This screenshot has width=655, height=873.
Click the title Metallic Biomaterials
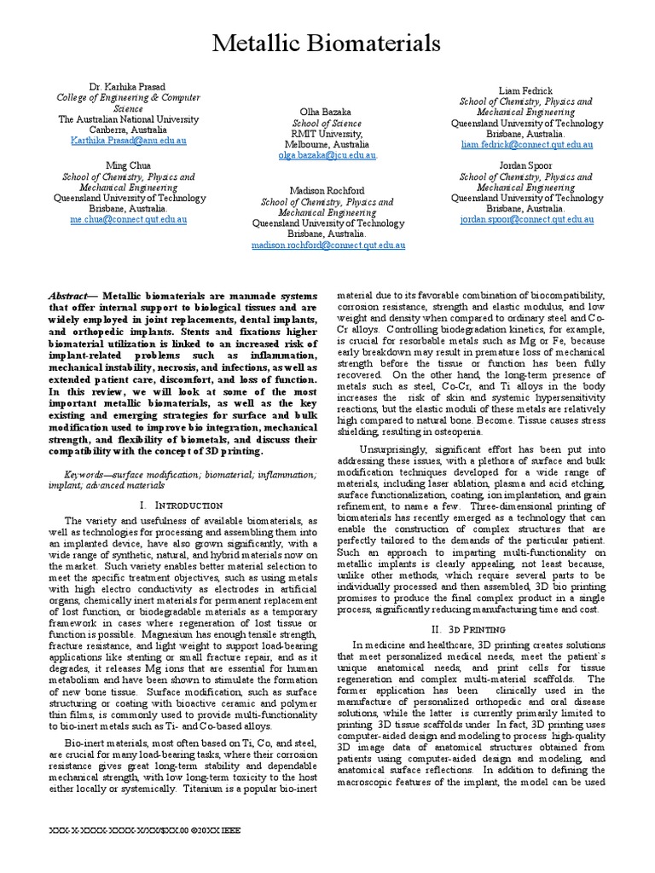pos(327,43)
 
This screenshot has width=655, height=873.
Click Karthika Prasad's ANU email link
pos(129,140)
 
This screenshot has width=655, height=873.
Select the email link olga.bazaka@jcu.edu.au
pos(327,155)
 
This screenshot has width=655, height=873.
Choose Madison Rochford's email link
pos(327,245)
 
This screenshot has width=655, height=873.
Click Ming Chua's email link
pos(129,219)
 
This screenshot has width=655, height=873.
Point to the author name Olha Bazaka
pos(327,112)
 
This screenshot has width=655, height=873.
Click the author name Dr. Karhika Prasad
pos(129,88)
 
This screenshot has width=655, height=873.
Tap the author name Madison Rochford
pos(327,190)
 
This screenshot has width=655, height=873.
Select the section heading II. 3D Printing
pos(471,628)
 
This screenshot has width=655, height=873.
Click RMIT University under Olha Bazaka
pos(327,134)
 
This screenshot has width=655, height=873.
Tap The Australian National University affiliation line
pos(129,119)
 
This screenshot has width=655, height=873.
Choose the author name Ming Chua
pos(129,165)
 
